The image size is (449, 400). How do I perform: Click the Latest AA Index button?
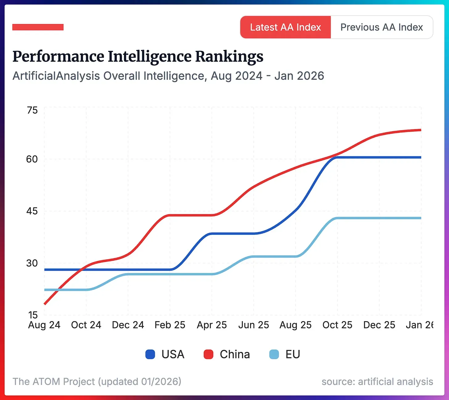coord(285,27)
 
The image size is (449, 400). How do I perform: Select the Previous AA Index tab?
coord(381,27)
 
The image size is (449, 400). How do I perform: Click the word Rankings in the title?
coord(229,56)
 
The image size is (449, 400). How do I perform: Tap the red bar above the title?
coord(38,27)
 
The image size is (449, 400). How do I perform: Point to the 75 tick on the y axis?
coord(32,110)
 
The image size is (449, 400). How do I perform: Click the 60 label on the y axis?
coord(32,159)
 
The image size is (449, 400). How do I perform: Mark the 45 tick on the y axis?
coord(32,211)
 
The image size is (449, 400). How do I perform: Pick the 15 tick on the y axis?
coord(33,315)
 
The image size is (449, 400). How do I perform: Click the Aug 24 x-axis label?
coord(44,325)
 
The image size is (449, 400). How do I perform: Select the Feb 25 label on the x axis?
coord(170,325)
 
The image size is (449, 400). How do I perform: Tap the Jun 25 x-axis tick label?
coord(253,325)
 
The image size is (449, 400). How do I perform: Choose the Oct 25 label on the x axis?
coord(337,325)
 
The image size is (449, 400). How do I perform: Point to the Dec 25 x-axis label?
coord(379,325)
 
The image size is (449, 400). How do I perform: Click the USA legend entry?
coord(165,354)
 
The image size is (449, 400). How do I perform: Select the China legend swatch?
coord(209,354)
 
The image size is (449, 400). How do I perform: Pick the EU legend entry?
coord(285,354)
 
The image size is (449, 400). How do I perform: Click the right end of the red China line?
coord(420,130)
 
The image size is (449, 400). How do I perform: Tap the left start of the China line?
coord(45,304)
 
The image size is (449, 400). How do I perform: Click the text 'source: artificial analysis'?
coord(377,381)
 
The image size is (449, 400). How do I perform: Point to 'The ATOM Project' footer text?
coord(54,381)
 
